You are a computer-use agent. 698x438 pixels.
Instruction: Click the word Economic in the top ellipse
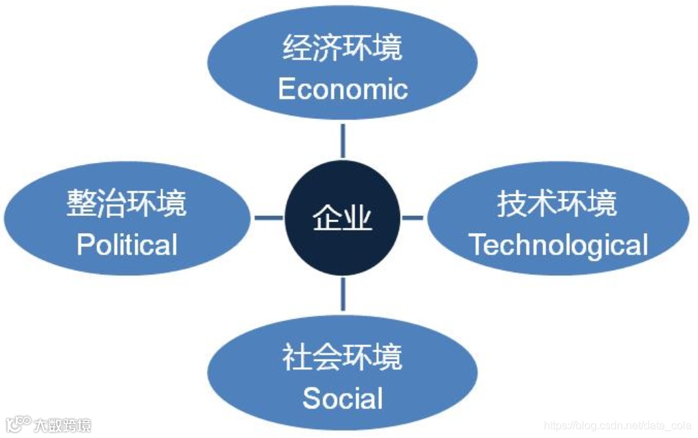point(343,89)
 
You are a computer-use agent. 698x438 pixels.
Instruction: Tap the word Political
point(127,245)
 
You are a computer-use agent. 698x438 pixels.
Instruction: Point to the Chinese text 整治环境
point(127,204)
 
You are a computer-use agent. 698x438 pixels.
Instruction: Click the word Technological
point(558,245)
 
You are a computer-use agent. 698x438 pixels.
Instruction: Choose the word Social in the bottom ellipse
point(343,398)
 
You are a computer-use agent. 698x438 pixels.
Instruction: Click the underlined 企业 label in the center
point(342,219)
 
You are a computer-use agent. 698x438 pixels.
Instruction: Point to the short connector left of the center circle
point(268,218)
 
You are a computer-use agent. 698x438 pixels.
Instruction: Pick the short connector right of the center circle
point(412,218)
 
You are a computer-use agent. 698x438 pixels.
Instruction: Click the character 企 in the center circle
point(327,219)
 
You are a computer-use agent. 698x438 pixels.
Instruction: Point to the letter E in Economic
point(286,89)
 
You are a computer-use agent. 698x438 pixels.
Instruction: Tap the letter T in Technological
point(477,245)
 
